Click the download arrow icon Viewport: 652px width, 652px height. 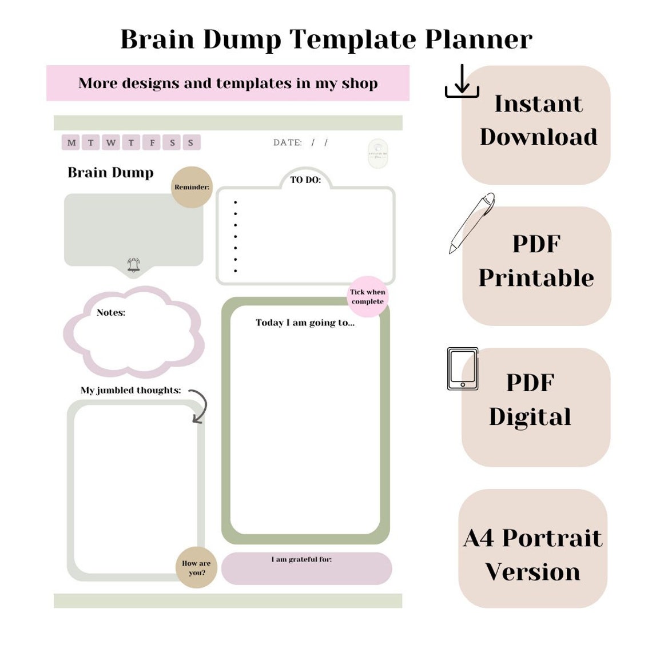(x=462, y=81)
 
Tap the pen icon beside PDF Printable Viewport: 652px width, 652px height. (x=472, y=222)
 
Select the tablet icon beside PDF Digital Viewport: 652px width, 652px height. (x=463, y=369)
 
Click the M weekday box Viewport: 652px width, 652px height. (x=71, y=142)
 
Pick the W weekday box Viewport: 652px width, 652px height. (x=111, y=142)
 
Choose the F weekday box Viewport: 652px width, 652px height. (x=152, y=142)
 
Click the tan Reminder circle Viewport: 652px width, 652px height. (x=192, y=187)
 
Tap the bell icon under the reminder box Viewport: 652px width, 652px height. (x=133, y=265)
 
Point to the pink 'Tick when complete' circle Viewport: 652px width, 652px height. (x=367, y=297)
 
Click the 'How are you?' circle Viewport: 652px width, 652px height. (x=196, y=567)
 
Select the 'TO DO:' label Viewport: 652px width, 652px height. (x=305, y=180)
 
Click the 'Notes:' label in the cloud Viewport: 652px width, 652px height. (x=111, y=312)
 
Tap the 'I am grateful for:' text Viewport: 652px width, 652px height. (x=301, y=559)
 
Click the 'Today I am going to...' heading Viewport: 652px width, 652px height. (x=305, y=323)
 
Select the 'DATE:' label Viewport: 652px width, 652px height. (x=287, y=142)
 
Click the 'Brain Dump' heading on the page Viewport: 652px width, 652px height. (x=110, y=172)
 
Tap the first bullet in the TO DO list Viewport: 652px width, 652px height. (x=236, y=202)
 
